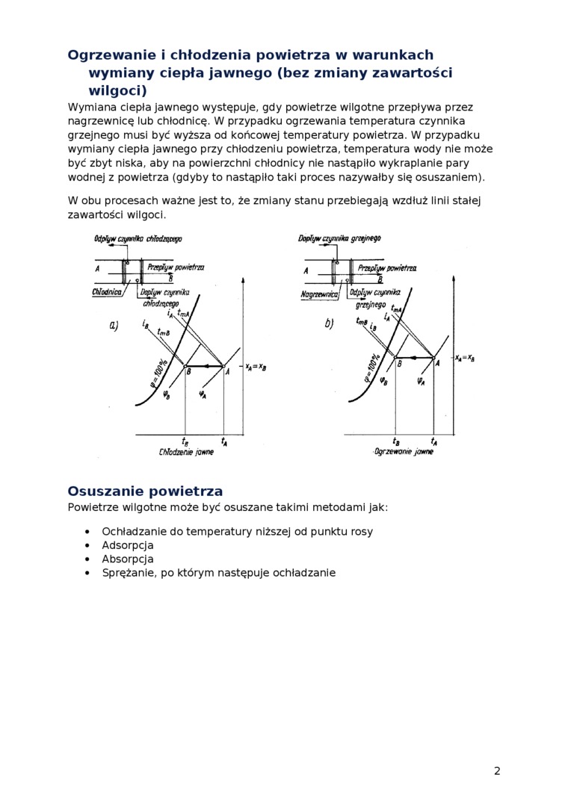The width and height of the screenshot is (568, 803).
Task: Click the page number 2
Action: click(x=497, y=771)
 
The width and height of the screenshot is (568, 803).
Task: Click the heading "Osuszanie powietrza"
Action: click(x=145, y=491)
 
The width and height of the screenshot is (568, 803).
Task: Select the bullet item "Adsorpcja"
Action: click(x=128, y=545)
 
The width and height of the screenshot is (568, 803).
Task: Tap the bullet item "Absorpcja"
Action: click(x=128, y=559)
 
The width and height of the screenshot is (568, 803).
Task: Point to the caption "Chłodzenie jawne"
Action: click(x=186, y=453)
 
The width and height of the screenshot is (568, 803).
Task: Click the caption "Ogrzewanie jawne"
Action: click(x=404, y=453)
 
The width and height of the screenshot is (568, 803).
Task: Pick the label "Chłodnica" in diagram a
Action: click(x=108, y=292)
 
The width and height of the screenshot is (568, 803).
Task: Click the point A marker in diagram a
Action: click(x=224, y=366)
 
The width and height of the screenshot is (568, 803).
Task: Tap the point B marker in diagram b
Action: click(x=395, y=358)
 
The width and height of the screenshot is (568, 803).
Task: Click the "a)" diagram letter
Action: click(x=114, y=325)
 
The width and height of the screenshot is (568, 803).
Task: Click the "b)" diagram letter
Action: click(x=329, y=324)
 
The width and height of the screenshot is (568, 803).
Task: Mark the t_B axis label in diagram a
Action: click(x=185, y=441)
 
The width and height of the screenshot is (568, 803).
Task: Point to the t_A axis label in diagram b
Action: click(x=434, y=441)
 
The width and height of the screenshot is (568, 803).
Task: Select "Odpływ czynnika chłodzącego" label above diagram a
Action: click(x=138, y=239)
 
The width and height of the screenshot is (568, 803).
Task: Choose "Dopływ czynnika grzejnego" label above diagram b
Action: click(x=339, y=238)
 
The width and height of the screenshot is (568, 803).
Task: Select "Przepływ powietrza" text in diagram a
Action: click(x=176, y=267)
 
